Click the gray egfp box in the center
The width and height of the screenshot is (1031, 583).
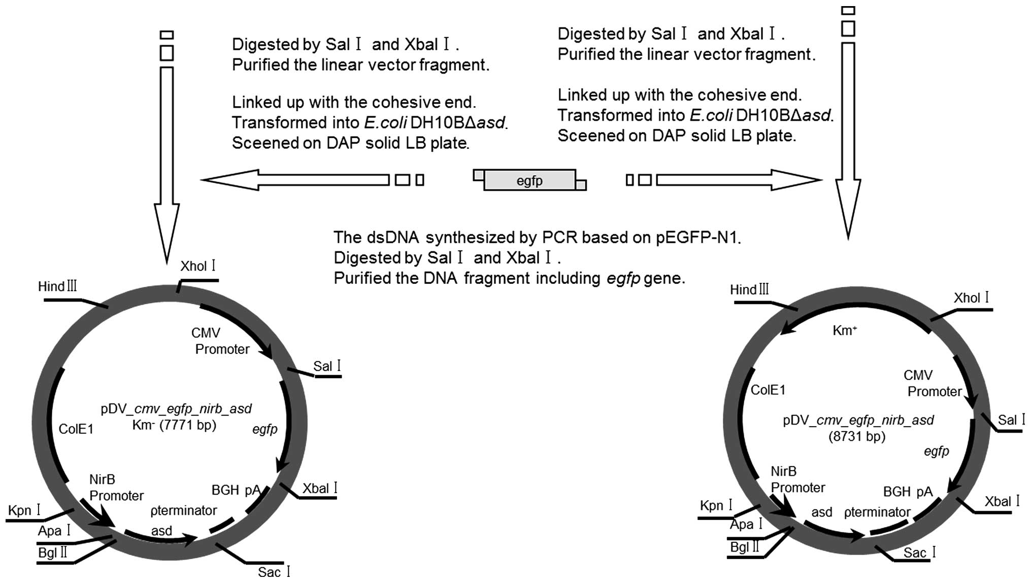pos(529,180)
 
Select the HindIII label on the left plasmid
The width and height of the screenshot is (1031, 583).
pos(57,286)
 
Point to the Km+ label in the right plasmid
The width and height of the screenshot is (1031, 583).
pos(845,331)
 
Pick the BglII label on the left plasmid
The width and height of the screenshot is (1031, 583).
pos(53,552)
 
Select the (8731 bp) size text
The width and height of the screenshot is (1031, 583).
pos(857,436)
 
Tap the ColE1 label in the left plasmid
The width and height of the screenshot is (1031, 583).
pos(76,429)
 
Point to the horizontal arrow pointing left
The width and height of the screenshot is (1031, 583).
pos(294,180)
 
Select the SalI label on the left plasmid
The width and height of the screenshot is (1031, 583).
pos(327,366)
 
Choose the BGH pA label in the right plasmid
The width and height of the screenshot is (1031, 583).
pos(908,492)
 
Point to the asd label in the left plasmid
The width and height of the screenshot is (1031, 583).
pos(161,531)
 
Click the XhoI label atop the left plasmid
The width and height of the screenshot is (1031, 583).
pos(198,266)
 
